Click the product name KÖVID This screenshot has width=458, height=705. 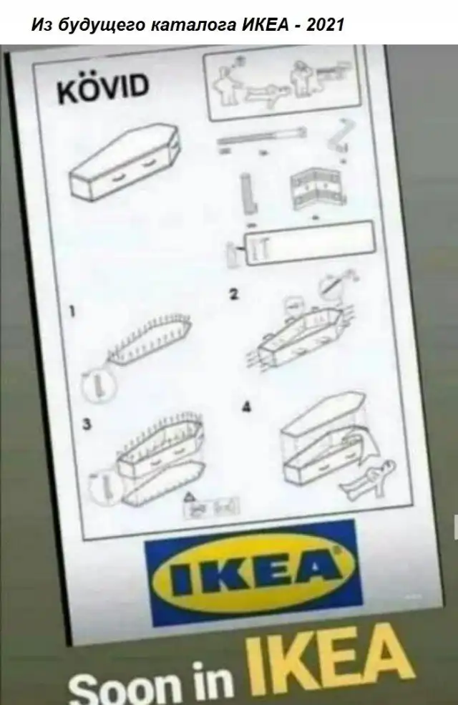coord(103,89)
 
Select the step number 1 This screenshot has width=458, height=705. coord(72,311)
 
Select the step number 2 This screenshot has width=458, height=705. coord(233,294)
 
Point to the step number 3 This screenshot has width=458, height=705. coord(87,424)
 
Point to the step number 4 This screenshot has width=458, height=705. coord(246,407)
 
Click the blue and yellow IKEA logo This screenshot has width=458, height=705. coord(254,573)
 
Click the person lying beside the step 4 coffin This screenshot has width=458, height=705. coord(369,480)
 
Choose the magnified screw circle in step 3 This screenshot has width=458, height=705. coord(107,487)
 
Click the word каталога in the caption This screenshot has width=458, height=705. coord(193,24)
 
